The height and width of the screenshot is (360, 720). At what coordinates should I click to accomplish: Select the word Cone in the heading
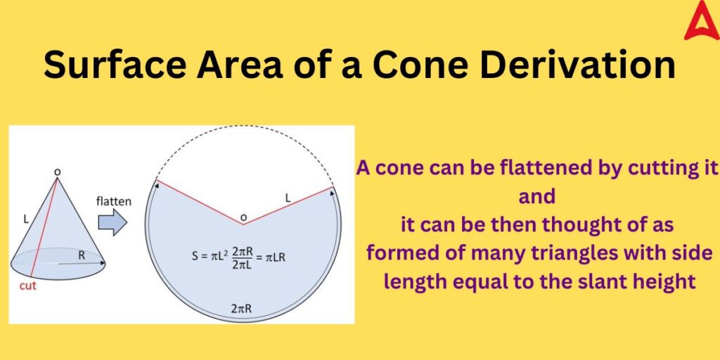414,66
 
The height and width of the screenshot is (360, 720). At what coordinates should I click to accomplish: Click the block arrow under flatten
112,224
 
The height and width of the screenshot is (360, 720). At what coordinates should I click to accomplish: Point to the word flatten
113,201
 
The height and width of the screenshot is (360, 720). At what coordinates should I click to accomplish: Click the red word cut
28,286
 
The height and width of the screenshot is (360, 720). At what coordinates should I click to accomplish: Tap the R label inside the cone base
82,256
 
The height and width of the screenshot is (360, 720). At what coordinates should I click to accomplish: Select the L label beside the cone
26,219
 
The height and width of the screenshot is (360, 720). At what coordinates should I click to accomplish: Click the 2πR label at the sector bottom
243,308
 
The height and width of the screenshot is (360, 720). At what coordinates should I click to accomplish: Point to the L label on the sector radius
288,200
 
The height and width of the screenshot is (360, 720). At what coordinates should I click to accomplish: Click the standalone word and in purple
537,196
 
